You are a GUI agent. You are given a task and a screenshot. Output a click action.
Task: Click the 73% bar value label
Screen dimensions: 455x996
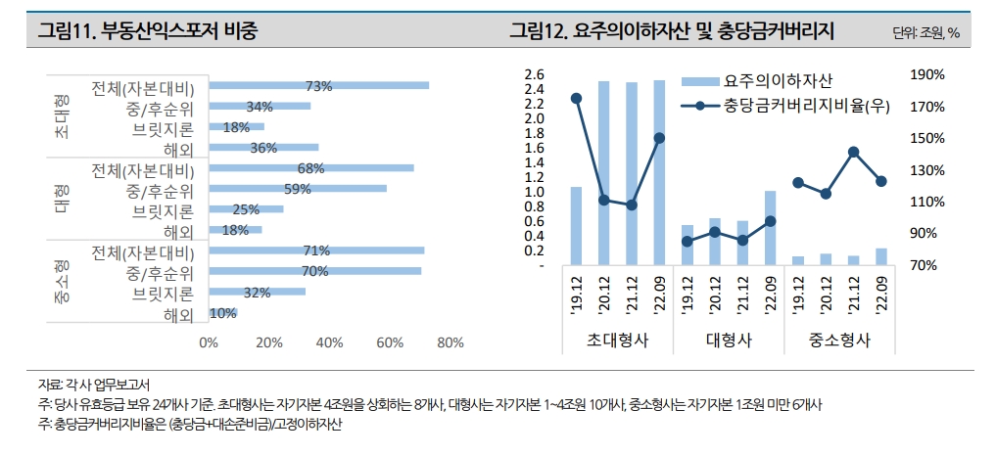tap(319, 86)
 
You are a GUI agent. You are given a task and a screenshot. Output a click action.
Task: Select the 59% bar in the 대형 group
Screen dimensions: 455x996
tap(298, 188)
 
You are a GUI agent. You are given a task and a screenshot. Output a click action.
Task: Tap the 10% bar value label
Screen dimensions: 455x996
tap(222, 313)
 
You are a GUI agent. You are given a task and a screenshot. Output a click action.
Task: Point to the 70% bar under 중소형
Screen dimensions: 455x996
tap(314, 271)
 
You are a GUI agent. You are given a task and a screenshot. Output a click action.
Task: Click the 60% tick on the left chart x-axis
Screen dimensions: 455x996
tap(390, 342)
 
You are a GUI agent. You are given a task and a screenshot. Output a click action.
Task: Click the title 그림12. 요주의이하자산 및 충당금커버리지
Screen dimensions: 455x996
tap(671, 31)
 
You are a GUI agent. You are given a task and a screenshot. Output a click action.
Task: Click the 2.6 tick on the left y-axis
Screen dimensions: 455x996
tap(534, 74)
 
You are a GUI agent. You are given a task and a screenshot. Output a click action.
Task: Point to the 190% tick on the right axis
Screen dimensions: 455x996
tap(926, 74)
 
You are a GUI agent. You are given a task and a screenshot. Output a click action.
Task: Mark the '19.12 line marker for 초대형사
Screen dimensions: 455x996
tap(576, 98)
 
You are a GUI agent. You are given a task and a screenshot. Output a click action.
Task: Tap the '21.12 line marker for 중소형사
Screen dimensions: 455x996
tap(853, 152)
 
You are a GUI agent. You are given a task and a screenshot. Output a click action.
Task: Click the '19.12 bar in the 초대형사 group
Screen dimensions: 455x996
tap(576, 225)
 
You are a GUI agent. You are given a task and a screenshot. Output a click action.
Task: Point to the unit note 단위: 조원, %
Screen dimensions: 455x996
tap(925, 33)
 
